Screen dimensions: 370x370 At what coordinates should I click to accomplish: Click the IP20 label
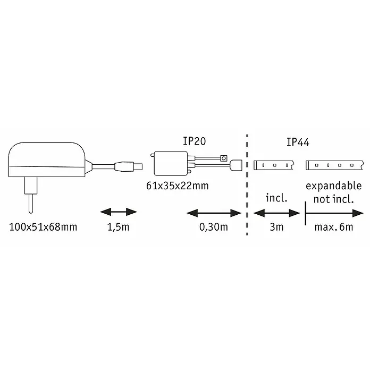pos(195,141)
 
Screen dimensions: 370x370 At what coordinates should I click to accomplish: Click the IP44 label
pos(298,142)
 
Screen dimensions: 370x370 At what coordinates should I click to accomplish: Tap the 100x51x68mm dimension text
pos(43,227)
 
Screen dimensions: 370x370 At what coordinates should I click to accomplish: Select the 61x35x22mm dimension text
pos(178,186)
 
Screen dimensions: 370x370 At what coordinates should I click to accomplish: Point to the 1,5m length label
pos(119,227)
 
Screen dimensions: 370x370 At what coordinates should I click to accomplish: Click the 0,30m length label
pos(214,227)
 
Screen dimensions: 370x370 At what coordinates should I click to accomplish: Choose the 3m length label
pos(276,227)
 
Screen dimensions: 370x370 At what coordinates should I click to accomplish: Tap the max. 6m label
pos(334,227)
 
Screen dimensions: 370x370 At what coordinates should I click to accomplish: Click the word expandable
pos(334,186)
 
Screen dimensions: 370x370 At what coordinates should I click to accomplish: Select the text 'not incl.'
pos(334,199)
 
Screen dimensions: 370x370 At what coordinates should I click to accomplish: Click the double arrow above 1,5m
pos(119,212)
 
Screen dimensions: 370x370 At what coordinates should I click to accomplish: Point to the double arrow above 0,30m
pos(214,213)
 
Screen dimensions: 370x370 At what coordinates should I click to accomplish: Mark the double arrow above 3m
pos(276,213)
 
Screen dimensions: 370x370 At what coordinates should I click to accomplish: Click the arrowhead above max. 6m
pos(358,213)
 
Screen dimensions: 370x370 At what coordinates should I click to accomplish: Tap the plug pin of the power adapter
pos(31,204)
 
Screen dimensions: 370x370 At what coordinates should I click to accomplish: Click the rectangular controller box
pos(171,163)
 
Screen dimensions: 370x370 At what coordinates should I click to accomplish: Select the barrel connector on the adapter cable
pos(129,166)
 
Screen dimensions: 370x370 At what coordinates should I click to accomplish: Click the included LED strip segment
pos(274,165)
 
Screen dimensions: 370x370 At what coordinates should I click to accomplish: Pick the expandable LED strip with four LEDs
pos(334,165)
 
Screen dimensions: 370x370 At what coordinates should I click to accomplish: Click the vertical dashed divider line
pos(247,185)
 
